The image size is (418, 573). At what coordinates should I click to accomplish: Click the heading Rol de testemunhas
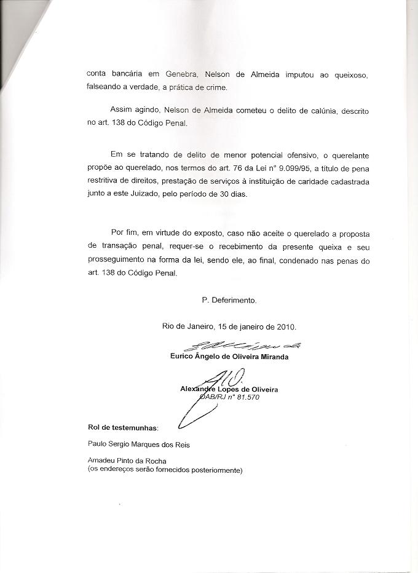pyautogui.click(x=123, y=427)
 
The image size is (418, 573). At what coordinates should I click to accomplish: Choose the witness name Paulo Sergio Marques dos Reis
pyautogui.click(x=139, y=445)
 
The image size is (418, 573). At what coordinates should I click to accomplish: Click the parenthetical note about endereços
pyautogui.click(x=165, y=471)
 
